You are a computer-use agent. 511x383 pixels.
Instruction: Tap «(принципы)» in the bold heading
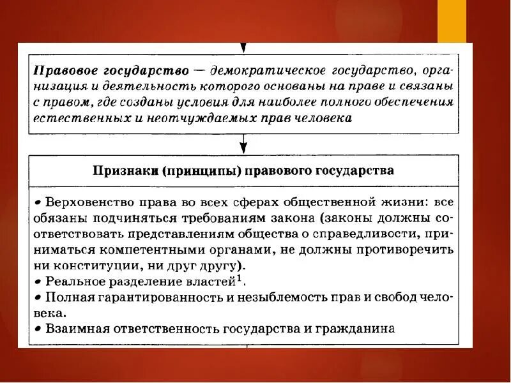tap(190, 170)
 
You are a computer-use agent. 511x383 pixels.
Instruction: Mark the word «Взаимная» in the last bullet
tap(73, 329)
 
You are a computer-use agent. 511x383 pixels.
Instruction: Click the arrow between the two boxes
tap(245, 144)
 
